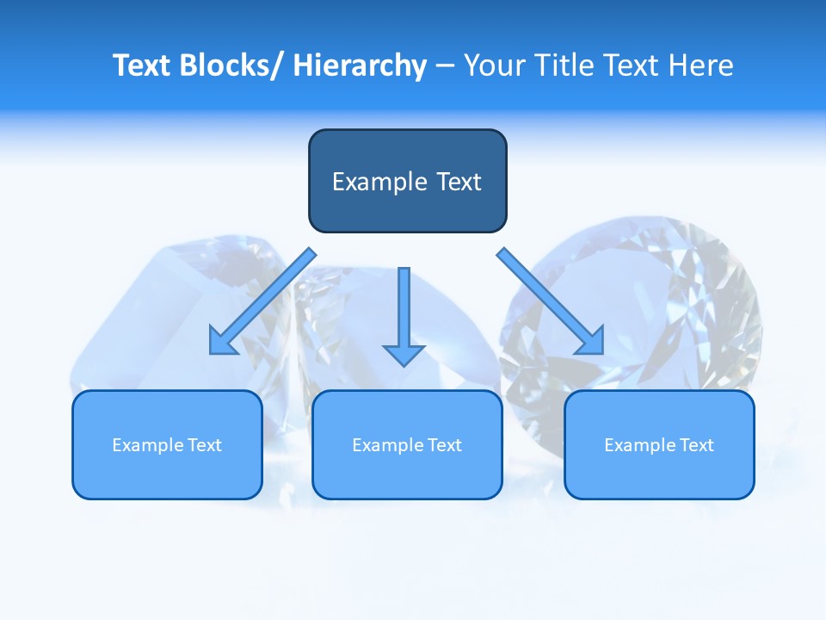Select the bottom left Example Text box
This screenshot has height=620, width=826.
point(167,444)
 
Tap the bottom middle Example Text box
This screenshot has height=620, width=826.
point(407,444)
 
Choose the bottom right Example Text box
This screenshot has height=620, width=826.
point(659,444)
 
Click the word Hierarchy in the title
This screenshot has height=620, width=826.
point(360,65)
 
